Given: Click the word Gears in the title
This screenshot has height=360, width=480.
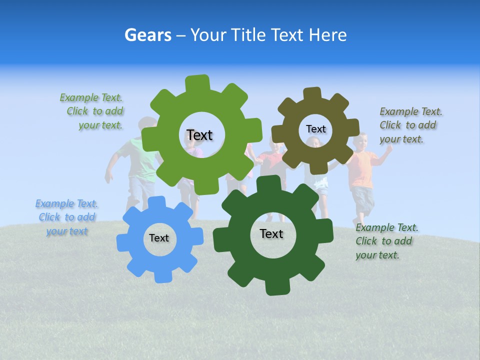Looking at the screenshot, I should tap(147, 35).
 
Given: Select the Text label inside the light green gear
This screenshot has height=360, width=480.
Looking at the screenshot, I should tap(199, 135).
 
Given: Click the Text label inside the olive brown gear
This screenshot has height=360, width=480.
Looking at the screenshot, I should tap(315, 129).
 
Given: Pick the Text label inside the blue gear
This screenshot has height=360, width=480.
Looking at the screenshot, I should tap(159, 238).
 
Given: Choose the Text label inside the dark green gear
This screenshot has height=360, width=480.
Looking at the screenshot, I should tap(271, 233).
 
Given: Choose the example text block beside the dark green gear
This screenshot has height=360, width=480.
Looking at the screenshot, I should tap(386, 241).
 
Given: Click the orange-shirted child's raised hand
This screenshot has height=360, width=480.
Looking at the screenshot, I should tap(388, 149).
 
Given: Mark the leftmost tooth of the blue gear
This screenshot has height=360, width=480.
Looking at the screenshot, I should tap(122, 242).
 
